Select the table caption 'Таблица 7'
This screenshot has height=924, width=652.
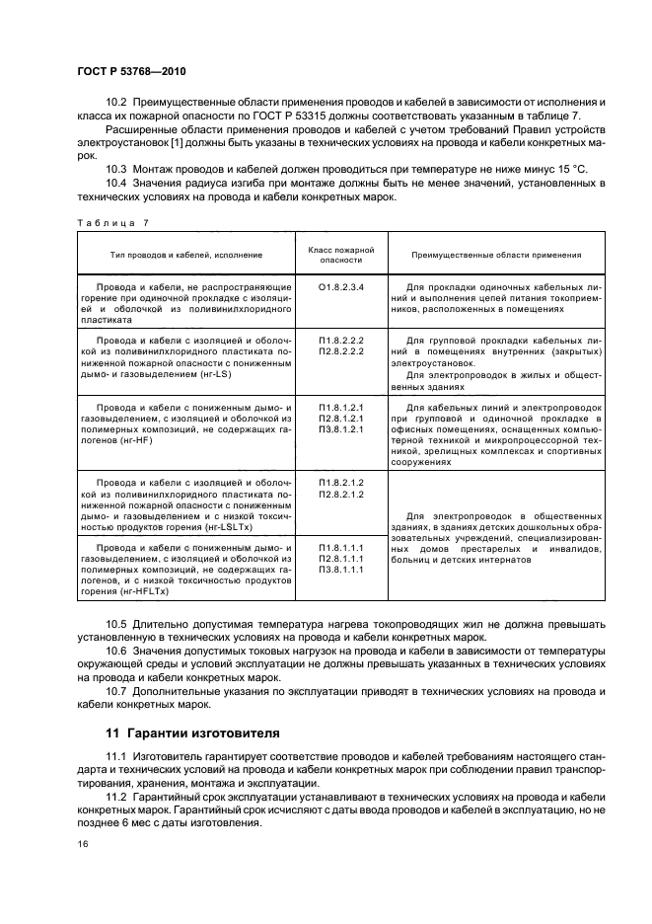tap(110, 223)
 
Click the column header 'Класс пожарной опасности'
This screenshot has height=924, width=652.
tap(341, 254)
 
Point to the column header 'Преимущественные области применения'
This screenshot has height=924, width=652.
tap(496, 254)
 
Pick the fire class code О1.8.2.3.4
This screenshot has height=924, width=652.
tap(341, 286)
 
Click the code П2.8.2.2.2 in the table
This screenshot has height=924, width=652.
tap(341, 350)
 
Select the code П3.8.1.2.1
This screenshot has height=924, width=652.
tap(341, 428)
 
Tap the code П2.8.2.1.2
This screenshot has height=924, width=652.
tap(341, 494)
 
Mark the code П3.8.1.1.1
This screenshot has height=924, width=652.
tap(341, 570)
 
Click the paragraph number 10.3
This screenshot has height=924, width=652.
tap(116, 169)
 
